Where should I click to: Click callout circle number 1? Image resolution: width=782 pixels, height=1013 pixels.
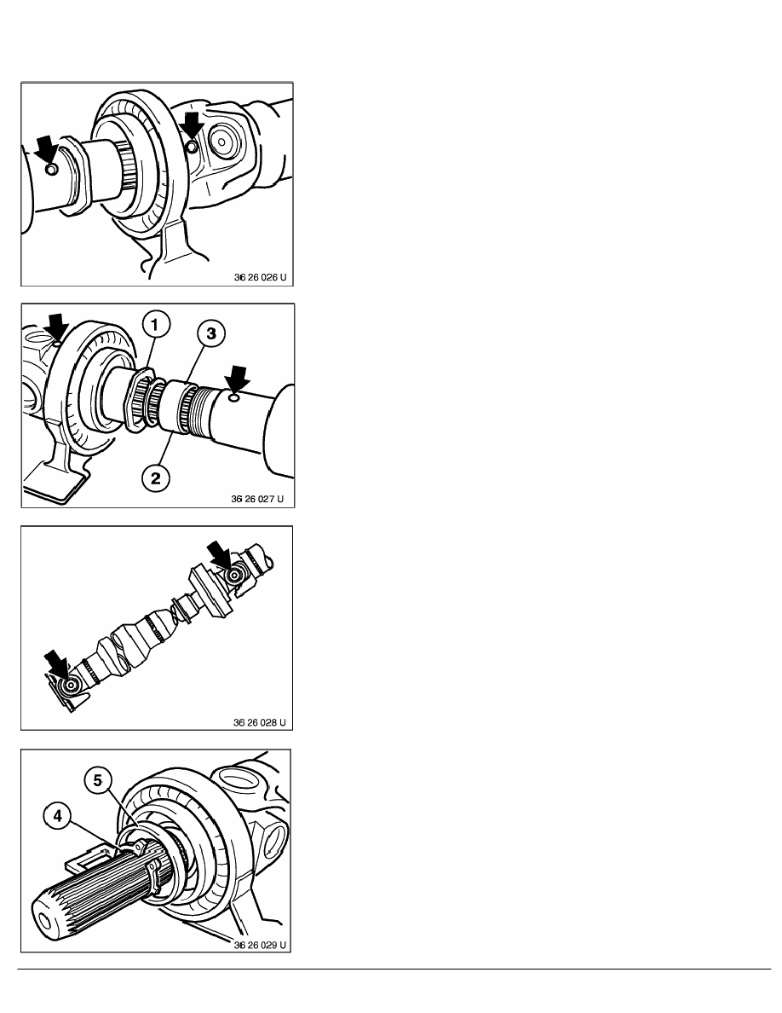155,324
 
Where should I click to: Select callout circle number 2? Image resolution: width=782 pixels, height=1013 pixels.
156,478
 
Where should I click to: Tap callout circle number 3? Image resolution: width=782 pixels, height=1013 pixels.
211,334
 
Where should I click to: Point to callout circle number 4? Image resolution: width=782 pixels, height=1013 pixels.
57,816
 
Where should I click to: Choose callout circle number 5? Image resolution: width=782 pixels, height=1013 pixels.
97,780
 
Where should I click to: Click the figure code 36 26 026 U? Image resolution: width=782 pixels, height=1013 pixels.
260,277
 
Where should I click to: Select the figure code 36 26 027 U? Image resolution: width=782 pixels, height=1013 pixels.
257,499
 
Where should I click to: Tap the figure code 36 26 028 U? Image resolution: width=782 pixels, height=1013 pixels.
259,722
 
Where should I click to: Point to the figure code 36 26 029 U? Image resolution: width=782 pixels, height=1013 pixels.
260,945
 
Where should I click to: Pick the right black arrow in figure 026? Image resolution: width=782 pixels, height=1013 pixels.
192,127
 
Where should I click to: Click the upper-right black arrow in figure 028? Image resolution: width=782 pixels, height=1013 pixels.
219,553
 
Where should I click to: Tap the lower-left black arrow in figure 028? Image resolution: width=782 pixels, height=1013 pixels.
57,664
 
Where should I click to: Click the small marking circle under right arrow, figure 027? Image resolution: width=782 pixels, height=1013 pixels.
233,399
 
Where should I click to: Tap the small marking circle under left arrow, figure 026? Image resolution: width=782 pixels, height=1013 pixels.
52,170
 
